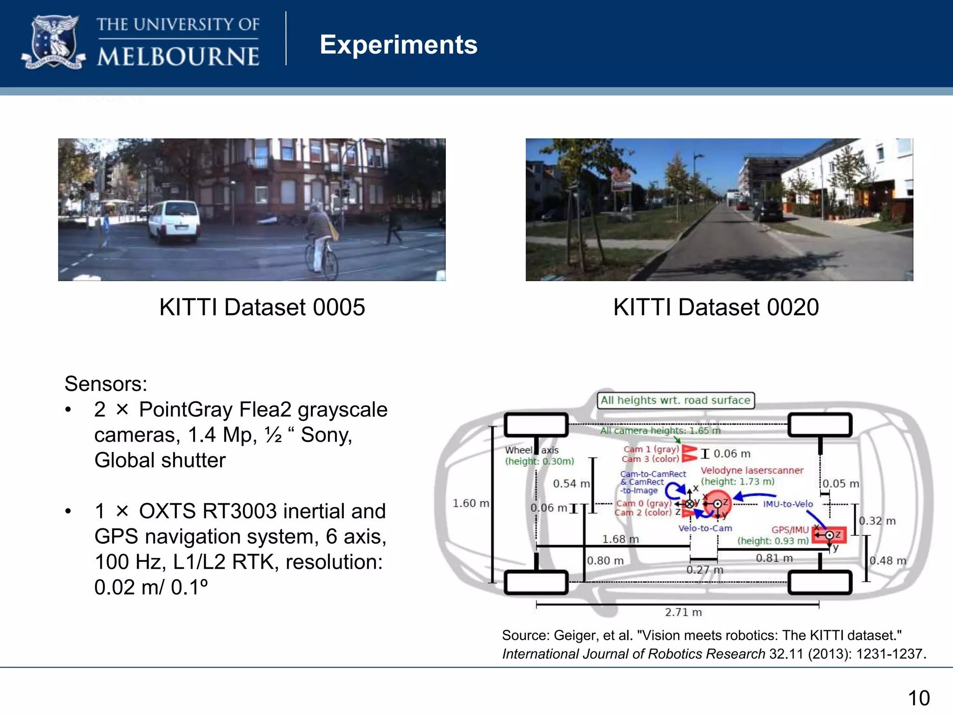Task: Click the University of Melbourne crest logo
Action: (53, 43)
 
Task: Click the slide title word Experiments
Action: (398, 45)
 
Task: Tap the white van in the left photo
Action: (174, 222)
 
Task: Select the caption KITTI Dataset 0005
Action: (262, 307)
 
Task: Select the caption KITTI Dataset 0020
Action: (716, 307)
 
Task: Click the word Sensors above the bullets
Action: (106, 384)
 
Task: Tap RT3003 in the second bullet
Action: (238, 511)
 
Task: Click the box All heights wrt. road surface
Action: (676, 400)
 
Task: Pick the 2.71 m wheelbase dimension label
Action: (683, 612)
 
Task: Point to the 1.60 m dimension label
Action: (470, 503)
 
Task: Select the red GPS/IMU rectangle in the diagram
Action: (829, 535)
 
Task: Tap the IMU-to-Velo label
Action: (788, 504)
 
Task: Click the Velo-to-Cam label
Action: (705, 528)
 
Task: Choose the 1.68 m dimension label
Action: (620, 539)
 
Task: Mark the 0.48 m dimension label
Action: (888, 561)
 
